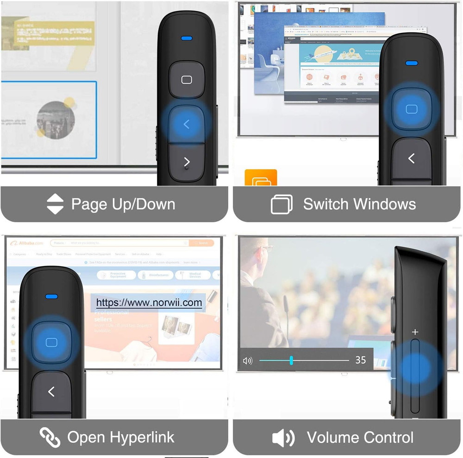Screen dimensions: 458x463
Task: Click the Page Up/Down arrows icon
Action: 55,204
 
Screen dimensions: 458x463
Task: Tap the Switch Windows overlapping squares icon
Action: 282,204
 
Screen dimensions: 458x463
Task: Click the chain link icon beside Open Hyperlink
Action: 50,437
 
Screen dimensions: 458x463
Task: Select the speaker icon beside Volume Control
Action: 283,437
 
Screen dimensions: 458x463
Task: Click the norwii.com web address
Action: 149,303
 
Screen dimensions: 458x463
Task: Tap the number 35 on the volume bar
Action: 361,360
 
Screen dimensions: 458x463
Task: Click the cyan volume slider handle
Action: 291,360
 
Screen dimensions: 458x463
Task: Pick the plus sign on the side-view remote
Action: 415,332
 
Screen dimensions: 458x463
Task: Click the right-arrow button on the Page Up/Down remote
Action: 187,162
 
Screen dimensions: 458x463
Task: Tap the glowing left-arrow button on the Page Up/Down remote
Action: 186,124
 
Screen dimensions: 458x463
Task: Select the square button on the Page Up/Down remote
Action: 187,80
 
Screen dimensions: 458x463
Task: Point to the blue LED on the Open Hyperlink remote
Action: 51,297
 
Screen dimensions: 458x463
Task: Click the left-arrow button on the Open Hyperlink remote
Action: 51,392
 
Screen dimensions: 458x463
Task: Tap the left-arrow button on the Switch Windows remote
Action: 411,159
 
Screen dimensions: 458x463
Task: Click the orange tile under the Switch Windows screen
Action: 261,178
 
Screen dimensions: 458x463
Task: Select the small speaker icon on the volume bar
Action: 248,360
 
